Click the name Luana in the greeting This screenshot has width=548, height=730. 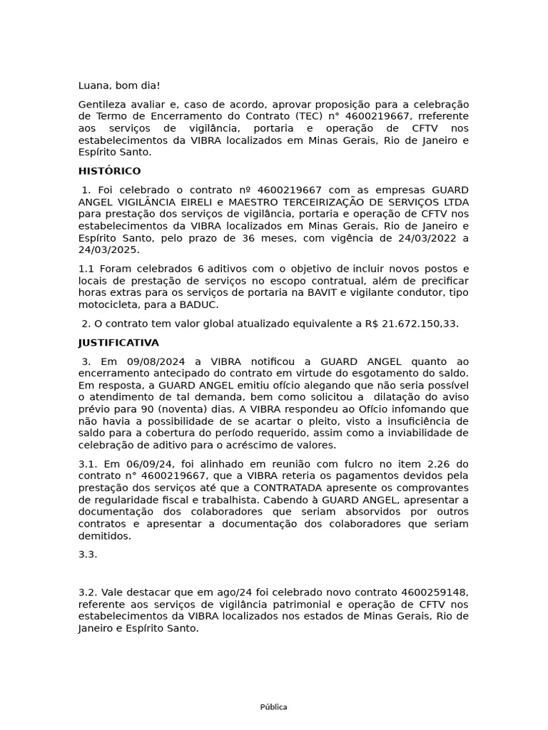click(95, 86)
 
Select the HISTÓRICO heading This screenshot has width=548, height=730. click(109, 171)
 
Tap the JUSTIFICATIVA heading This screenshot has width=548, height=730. click(118, 343)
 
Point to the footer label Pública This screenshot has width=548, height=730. click(274, 707)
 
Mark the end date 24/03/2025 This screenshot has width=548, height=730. click(109, 250)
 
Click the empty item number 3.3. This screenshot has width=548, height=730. click(88, 554)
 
